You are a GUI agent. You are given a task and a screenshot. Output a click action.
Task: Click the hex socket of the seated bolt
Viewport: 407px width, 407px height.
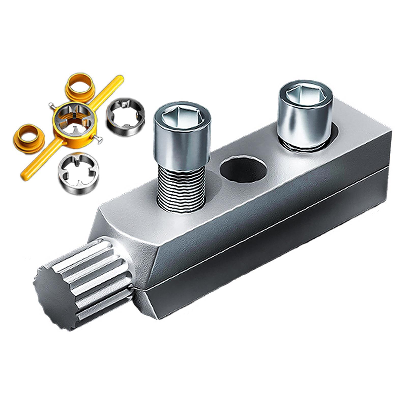[306, 95]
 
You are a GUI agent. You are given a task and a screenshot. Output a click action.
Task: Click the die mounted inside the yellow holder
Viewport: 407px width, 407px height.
[74, 117]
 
